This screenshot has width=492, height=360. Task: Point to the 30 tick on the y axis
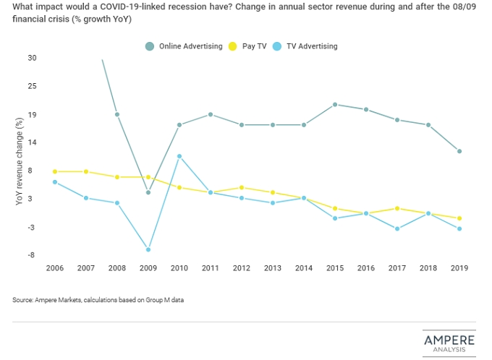pyautogui.click(x=32, y=58)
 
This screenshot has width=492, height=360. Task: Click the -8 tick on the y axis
pyautogui.click(x=33, y=255)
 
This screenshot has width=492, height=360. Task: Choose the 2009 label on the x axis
pyautogui.click(x=148, y=268)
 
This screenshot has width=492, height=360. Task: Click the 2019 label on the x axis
pyautogui.click(x=459, y=268)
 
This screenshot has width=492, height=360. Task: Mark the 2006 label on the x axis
pyautogui.click(x=54, y=268)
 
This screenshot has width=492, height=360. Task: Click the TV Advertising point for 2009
pyautogui.click(x=148, y=249)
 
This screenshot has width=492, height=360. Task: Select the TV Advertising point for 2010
pyautogui.click(x=179, y=156)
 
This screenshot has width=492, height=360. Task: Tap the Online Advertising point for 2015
pyautogui.click(x=335, y=104)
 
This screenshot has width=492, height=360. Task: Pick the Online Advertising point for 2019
pyautogui.click(x=459, y=151)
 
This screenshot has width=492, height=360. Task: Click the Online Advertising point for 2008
pyautogui.click(x=116, y=114)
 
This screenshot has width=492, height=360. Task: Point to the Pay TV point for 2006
pyautogui.click(x=54, y=171)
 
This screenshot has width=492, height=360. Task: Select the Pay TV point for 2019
pyautogui.click(x=459, y=218)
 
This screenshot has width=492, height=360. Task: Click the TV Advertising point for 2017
pyautogui.click(x=397, y=228)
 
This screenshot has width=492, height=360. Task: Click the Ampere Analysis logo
pyautogui.click(x=449, y=343)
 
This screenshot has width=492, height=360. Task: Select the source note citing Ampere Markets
pyautogui.click(x=98, y=300)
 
